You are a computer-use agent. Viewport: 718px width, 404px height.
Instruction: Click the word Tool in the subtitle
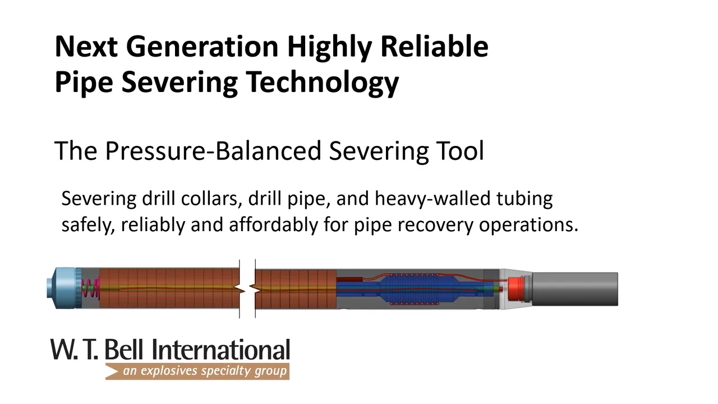(459, 151)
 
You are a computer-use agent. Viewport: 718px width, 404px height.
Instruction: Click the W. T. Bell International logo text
(170, 350)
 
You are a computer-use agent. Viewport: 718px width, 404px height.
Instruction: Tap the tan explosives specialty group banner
(197, 371)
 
